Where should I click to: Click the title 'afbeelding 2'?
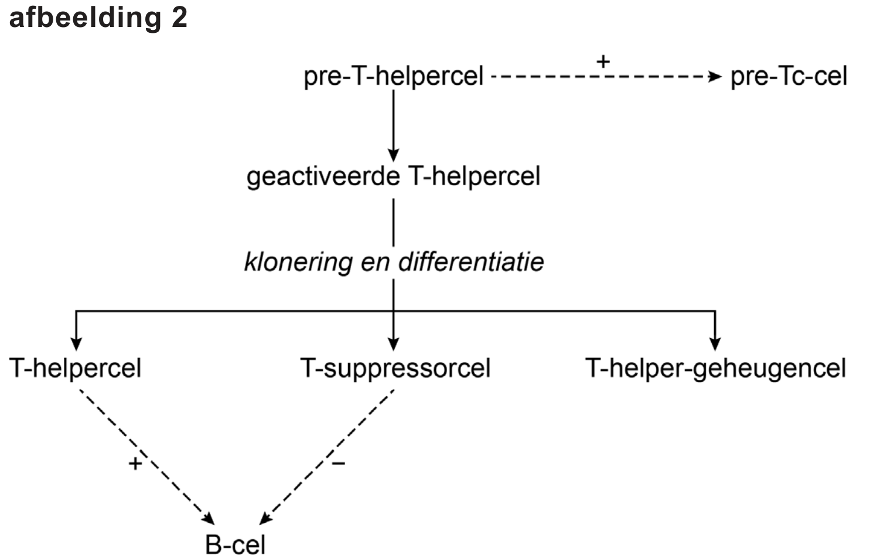[x=98, y=17]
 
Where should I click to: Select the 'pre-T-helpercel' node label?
[x=393, y=76]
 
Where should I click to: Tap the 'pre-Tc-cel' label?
[x=788, y=76]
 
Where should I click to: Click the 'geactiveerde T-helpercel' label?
[x=393, y=176]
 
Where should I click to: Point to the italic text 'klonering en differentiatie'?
[x=393, y=261]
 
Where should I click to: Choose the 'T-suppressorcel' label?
[x=395, y=369]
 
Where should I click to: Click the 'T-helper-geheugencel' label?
[x=715, y=369]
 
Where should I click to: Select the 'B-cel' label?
[x=236, y=544]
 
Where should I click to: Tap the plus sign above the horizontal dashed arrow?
[x=603, y=60]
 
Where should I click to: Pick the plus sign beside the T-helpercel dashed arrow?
[x=135, y=464]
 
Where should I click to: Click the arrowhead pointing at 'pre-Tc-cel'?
[x=715, y=76]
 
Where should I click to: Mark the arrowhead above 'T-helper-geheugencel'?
[x=715, y=343]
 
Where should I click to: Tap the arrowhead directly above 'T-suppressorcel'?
[x=393, y=343]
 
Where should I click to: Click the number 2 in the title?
[x=179, y=17]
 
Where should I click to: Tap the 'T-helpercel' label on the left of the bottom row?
[x=75, y=369]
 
